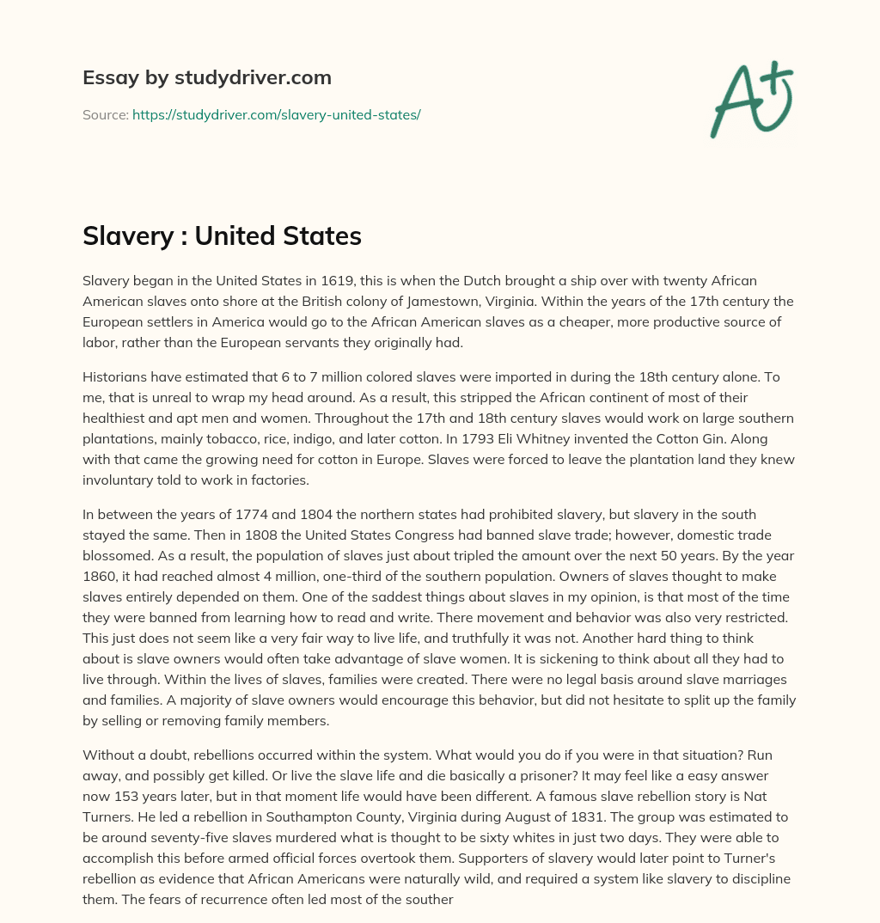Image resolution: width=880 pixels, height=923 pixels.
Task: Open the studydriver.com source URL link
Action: click(x=276, y=114)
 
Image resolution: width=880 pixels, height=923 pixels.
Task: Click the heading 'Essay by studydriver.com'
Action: click(x=206, y=77)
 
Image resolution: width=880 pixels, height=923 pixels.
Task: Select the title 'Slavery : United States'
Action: click(x=222, y=235)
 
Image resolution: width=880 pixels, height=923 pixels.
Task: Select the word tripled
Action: click(x=463, y=554)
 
